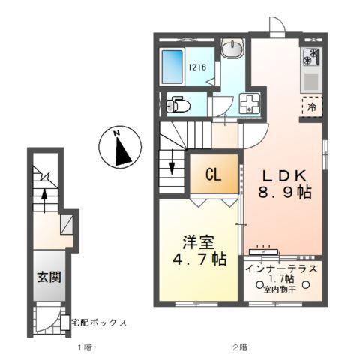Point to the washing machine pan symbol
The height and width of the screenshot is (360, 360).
click(x=248, y=105)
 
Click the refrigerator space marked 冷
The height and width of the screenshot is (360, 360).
click(x=311, y=106)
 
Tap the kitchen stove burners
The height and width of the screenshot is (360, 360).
click(x=311, y=57)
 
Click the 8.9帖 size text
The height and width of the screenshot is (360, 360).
click(x=285, y=193)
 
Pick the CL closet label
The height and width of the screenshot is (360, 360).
click(x=213, y=176)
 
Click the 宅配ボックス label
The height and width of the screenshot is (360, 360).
click(x=98, y=322)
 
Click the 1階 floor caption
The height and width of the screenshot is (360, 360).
click(x=85, y=347)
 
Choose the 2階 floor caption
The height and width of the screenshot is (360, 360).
click(x=239, y=347)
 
